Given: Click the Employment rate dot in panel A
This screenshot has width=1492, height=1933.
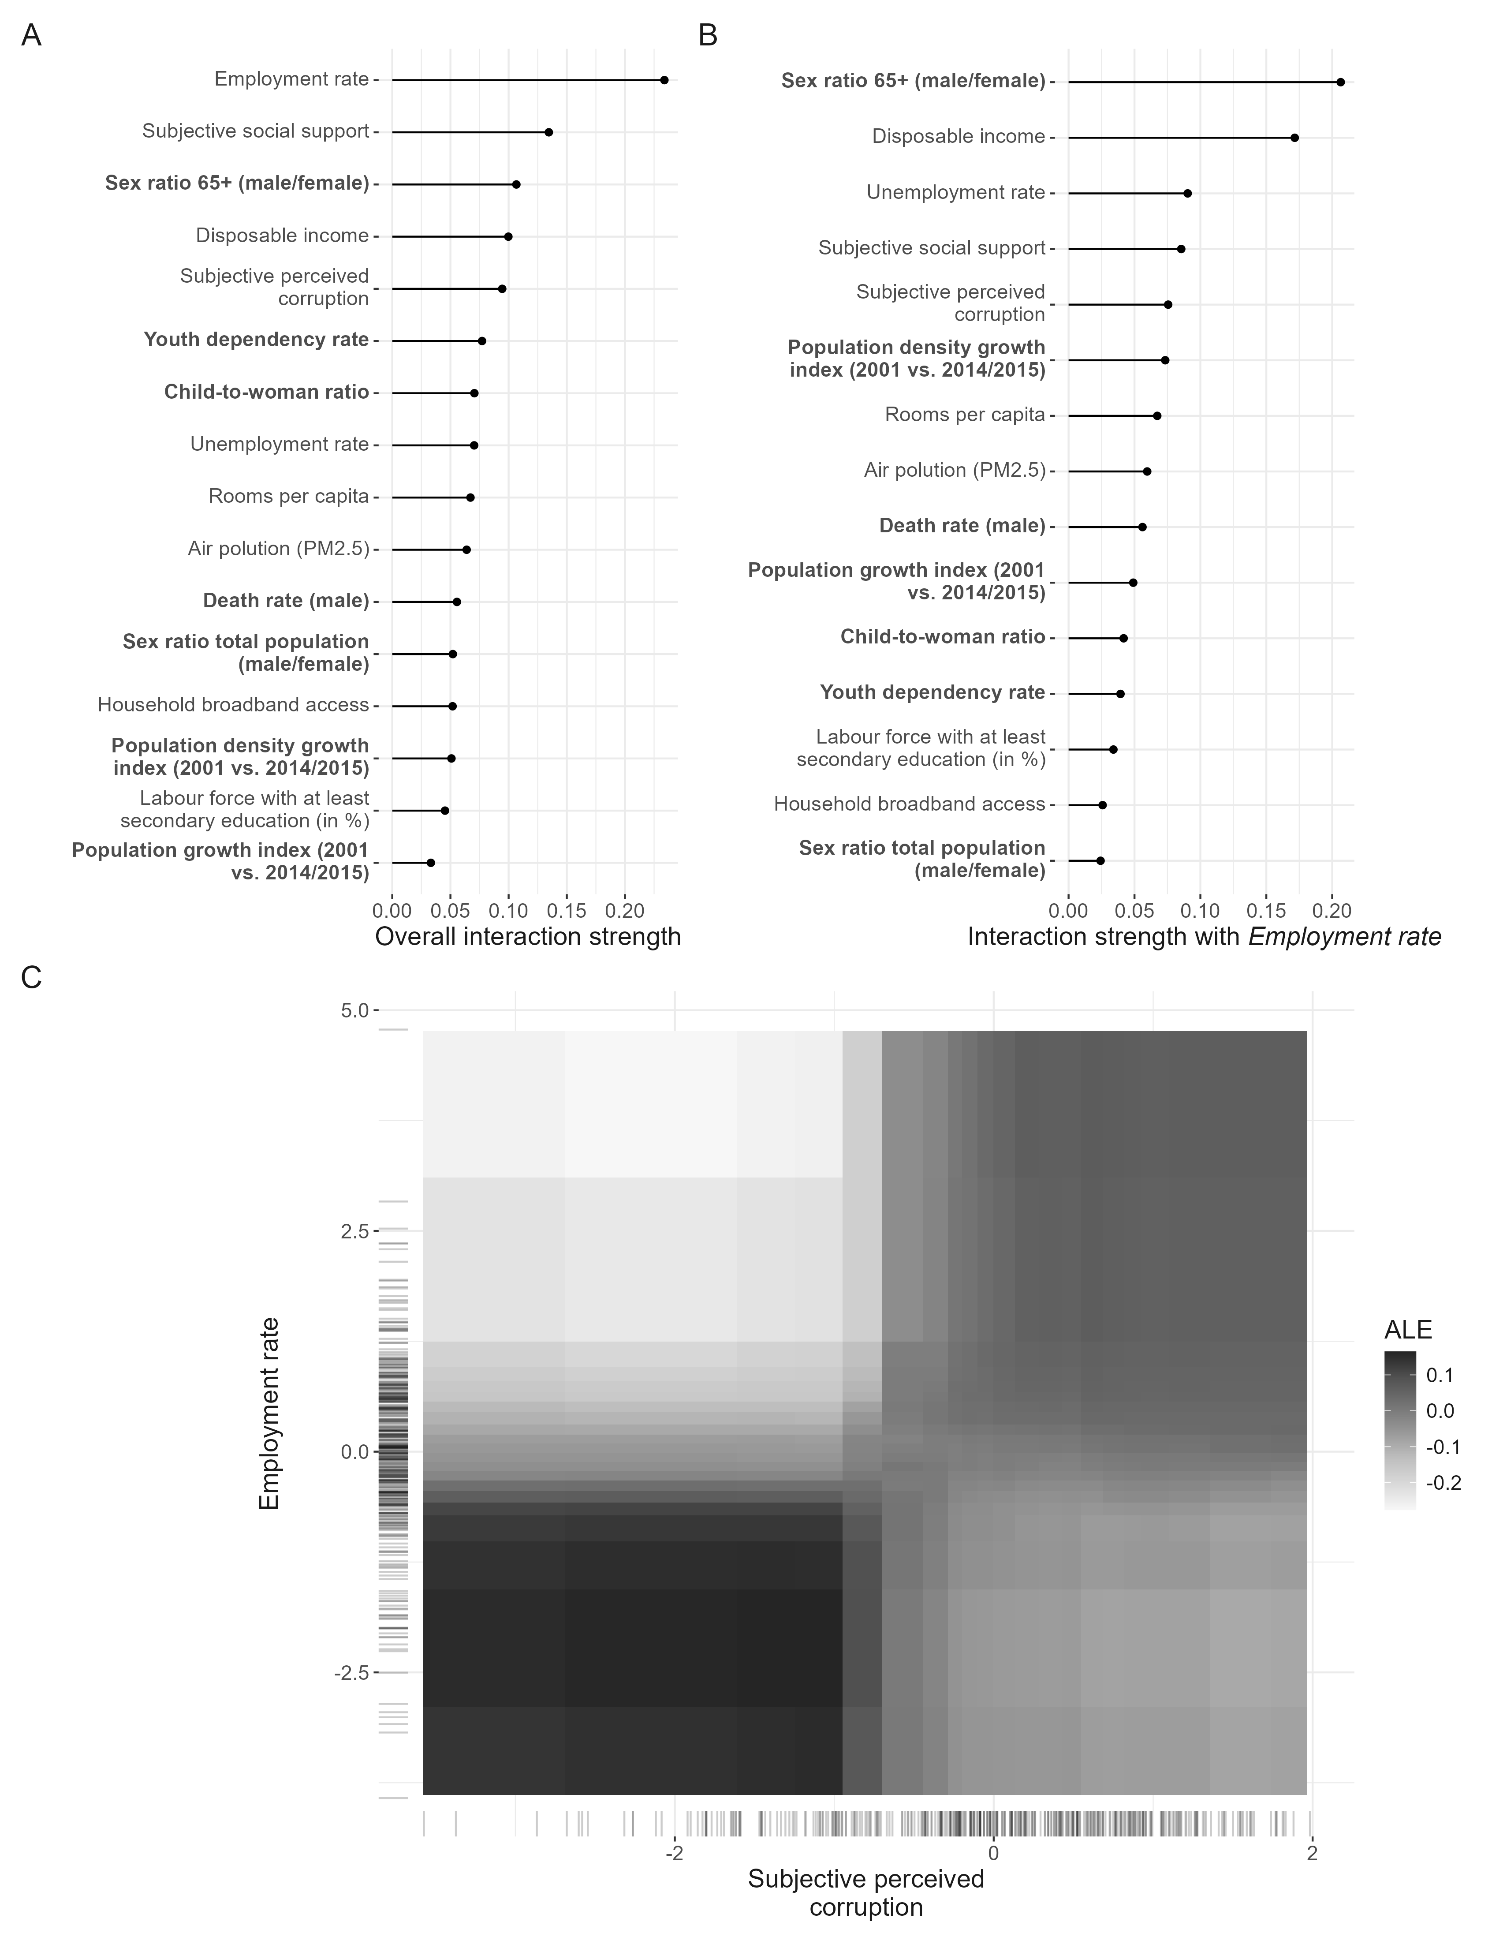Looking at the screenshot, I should point(664,80).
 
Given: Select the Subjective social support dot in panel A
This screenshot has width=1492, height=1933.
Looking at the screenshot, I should point(548,132).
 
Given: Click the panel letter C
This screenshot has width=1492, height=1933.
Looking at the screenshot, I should point(31,978).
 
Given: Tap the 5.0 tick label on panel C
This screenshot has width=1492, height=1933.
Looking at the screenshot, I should point(354,1010).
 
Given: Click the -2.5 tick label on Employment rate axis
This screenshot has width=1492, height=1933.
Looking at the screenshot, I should point(351,1673).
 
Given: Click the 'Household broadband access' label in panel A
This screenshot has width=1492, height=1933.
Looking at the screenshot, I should point(233,705).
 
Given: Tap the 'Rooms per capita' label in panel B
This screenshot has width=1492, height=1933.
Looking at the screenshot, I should point(965,415).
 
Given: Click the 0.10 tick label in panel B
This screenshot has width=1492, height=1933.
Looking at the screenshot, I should point(1200,911).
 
